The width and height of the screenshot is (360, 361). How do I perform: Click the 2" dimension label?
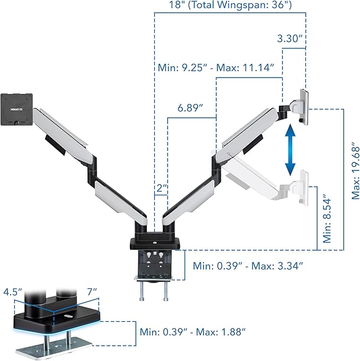pos(162,189)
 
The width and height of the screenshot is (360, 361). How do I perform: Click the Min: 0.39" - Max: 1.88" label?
pos(192,332)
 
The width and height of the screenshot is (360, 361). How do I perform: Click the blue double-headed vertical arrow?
pos(290,150)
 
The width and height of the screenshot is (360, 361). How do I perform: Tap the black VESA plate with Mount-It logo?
pos(16,109)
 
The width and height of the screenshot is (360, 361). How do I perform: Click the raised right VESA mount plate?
pos(302,105)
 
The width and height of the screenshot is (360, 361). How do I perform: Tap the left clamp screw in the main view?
pos(143,291)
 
